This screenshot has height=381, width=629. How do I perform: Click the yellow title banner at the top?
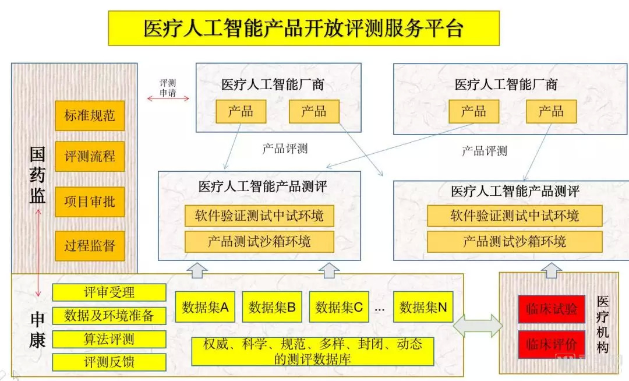point(303,28)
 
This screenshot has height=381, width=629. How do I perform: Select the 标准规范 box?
point(90,115)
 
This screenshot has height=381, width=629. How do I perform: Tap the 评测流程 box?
point(90,156)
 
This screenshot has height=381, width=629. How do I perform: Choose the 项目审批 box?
point(90,202)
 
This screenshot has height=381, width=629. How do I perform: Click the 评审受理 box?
point(109,292)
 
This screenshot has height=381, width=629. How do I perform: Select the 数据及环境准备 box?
point(109,315)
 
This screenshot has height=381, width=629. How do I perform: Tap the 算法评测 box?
point(109,338)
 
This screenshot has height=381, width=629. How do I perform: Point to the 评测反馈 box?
point(109,361)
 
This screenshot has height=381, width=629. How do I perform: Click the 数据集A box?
point(205,307)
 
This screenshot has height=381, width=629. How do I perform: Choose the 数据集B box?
point(272,307)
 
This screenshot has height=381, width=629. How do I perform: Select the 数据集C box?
point(339,307)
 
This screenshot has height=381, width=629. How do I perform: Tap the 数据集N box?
point(423,307)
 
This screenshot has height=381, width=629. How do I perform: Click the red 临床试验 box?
point(551,309)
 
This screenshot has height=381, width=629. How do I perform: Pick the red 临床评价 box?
point(551,344)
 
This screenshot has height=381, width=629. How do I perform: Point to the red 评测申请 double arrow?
point(168,99)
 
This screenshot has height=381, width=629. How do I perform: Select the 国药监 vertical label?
point(38,175)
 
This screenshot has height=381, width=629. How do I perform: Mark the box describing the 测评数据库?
point(313,351)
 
